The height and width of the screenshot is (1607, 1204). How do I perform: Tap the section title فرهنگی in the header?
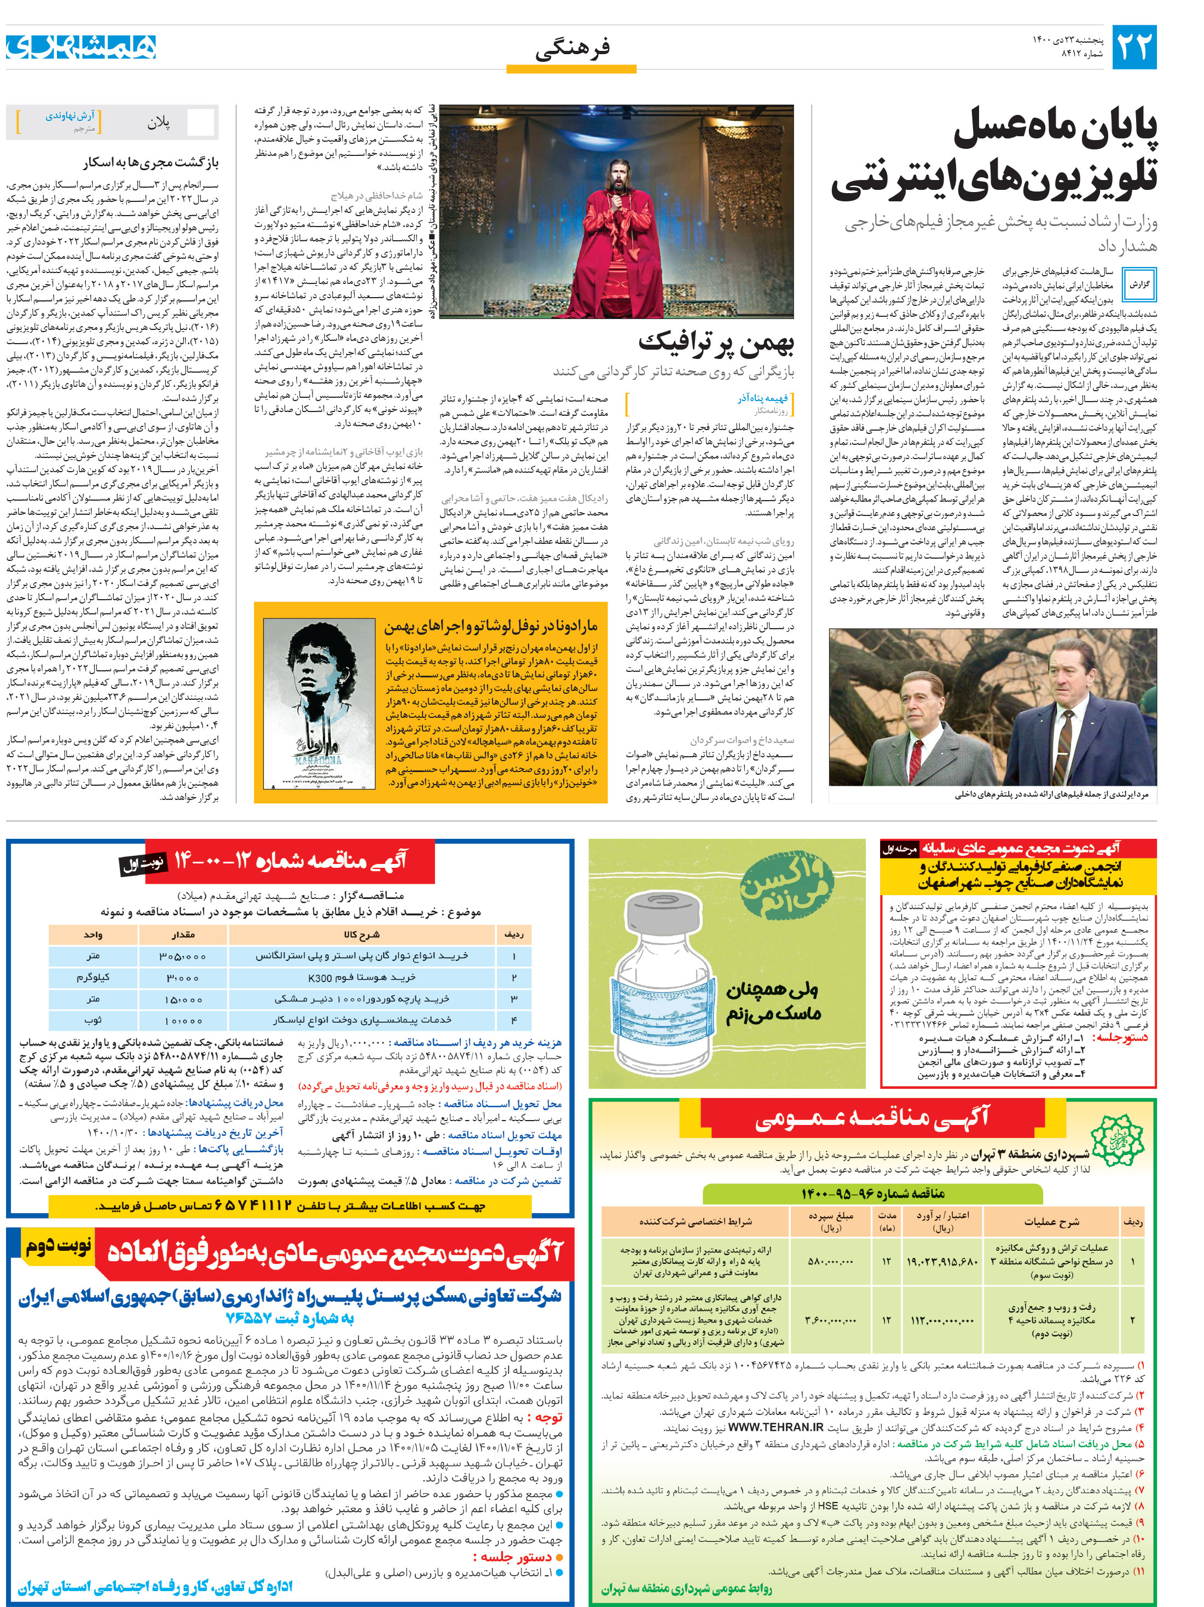pyautogui.click(x=572, y=49)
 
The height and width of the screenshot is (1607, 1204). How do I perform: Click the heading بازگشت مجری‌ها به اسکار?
pyautogui.click(x=150, y=163)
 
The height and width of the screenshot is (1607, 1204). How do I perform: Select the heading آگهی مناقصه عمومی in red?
pyautogui.click(x=871, y=1119)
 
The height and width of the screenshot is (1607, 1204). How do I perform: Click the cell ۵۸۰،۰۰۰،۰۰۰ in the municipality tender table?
pyautogui.click(x=830, y=1262)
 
